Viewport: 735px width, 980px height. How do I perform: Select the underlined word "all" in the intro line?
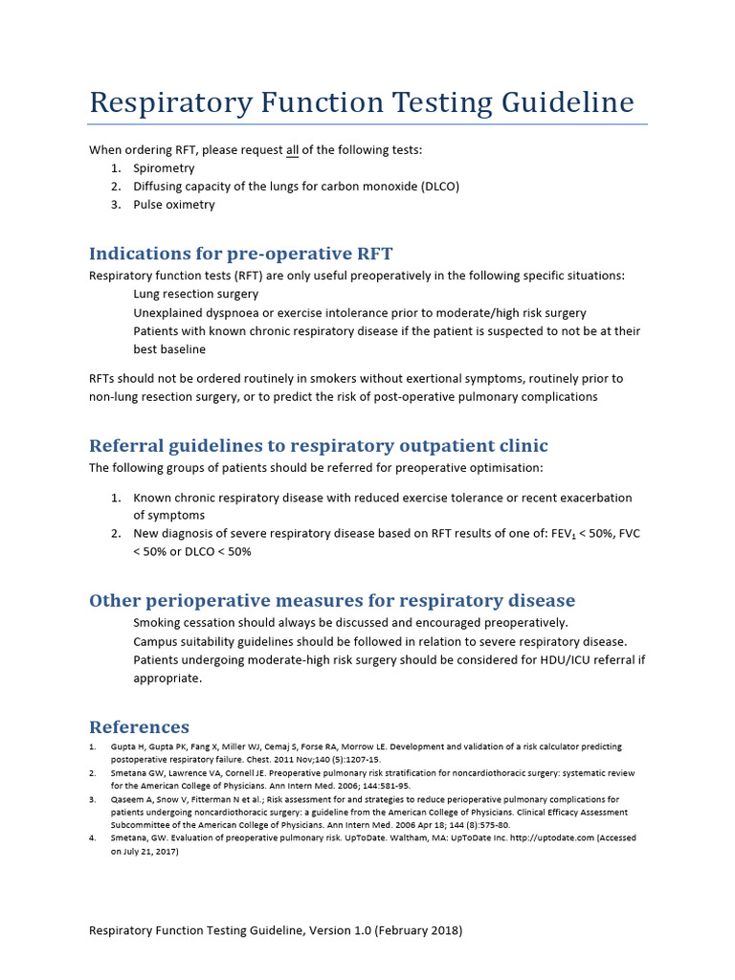(x=293, y=150)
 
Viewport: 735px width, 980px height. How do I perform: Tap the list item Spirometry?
(x=164, y=168)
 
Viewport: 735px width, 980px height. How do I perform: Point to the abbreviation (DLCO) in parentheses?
(x=436, y=187)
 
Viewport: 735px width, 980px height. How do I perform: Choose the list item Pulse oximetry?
(x=174, y=205)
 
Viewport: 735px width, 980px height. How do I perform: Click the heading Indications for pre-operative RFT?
(x=240, y=254)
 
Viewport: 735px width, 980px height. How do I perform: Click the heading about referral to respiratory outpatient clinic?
(x=318, y=446)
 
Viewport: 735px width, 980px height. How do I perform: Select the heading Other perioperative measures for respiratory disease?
(x=332, y=601)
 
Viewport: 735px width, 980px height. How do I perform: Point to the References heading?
(x=139, y=727)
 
